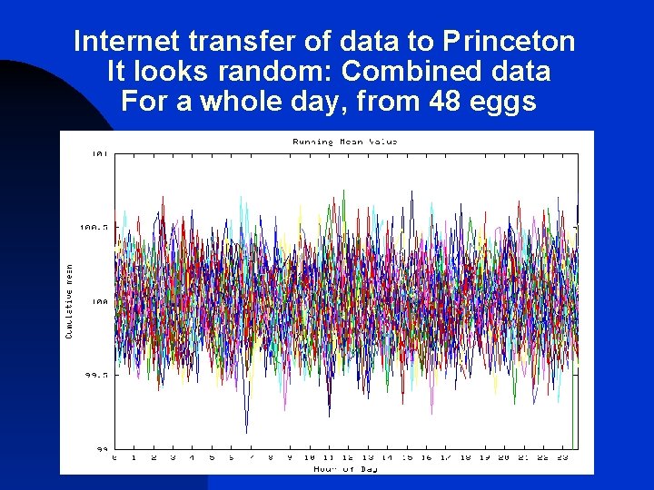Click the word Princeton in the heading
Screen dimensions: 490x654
pos(510,42)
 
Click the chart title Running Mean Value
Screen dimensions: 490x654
pos(344,142)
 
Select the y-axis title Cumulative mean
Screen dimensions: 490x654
pos(68,301)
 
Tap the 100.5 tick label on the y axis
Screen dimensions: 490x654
pos(94,227)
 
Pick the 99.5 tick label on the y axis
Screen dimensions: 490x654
pos(95,375)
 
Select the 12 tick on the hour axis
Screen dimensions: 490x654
pos(348,458)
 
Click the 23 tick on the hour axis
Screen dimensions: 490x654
pos(562,458)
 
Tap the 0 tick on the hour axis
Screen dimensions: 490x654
pos(114,458)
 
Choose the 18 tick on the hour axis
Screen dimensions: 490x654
pos(465,458)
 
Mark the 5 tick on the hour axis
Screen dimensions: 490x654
pos(212,458)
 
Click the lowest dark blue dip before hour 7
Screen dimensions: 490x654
pos(246,430)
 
